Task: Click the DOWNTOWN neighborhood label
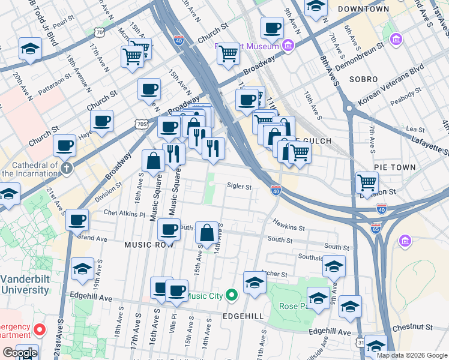pyautogui.click(x=363, y=9)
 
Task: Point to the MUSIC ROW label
pyautogui.click(x=149, y=245)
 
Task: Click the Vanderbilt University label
pyautogui.click(x=24, y=285)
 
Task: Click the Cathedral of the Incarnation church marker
pyautogui.click(x=66, y=168)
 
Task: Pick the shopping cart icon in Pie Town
pyautogui.click(x=367, y=181)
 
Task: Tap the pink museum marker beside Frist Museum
pyautogui.click(x=288, y=46)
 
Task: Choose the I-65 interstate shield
pyautogui.click(x=375, y=229)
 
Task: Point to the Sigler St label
pyautogui.click(x=239, y=187)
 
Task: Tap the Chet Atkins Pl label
pyautogui.click(x=124, y=213)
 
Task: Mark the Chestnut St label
pyautogui.click(x=412, y=328)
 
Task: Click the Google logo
pyautogui.click(x=20, y=353)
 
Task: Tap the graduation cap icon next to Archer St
pyautogui.click(x=255, y=282)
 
